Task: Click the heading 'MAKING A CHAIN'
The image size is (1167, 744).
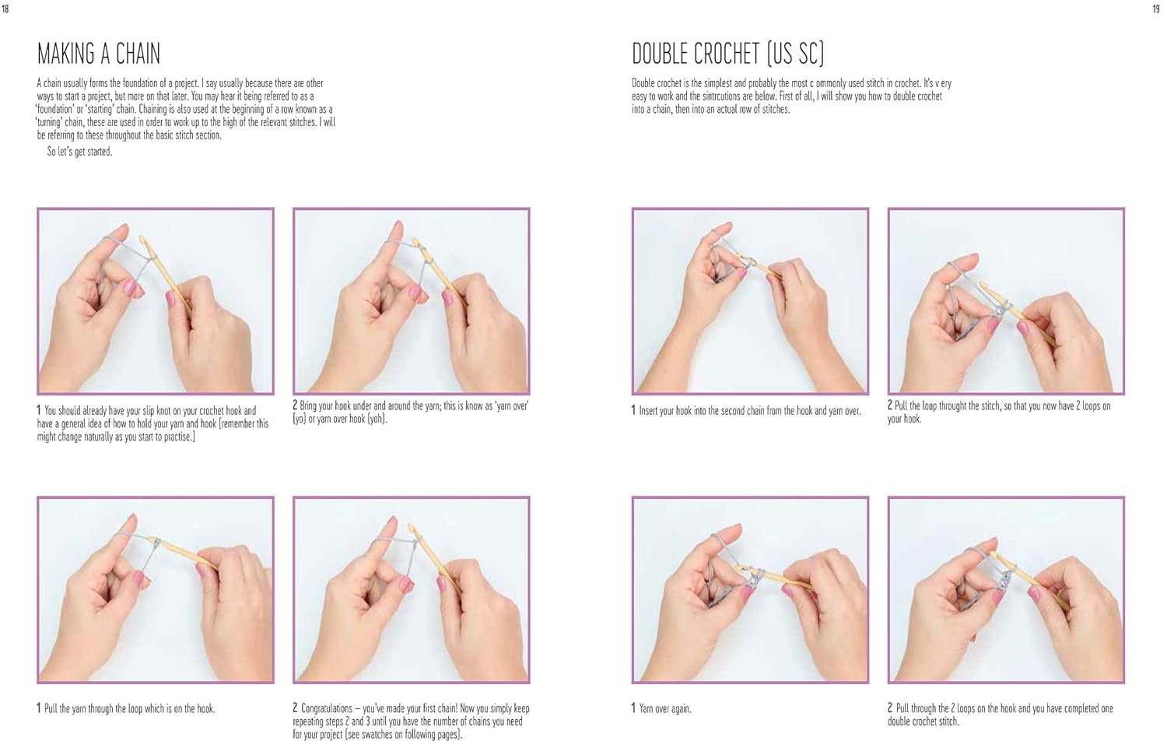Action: coord(99,54)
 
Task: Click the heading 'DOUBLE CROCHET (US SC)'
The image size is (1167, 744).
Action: coord(727,54)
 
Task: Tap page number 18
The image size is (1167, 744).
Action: coord(5,9)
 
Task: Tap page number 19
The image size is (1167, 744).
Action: coord(1155,9)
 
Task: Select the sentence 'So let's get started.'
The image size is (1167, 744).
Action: coord(79,152)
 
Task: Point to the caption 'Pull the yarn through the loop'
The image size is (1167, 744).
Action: coord(129,708)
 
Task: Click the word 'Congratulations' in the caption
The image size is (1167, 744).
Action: coord(325,708)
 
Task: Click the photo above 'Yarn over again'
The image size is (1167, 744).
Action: coord(750,590)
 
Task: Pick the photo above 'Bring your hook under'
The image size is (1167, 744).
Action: coord(412,301)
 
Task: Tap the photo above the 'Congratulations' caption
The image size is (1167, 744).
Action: coord(412,590)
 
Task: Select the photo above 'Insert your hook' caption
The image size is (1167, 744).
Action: coord(750,301)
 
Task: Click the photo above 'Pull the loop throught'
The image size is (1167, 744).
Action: coord(1006,301)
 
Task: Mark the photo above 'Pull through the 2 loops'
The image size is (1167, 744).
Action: coord(1006,590)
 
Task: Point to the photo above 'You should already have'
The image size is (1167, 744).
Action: coord(156,301)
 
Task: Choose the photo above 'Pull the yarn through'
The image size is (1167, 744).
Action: coord(156,590)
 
